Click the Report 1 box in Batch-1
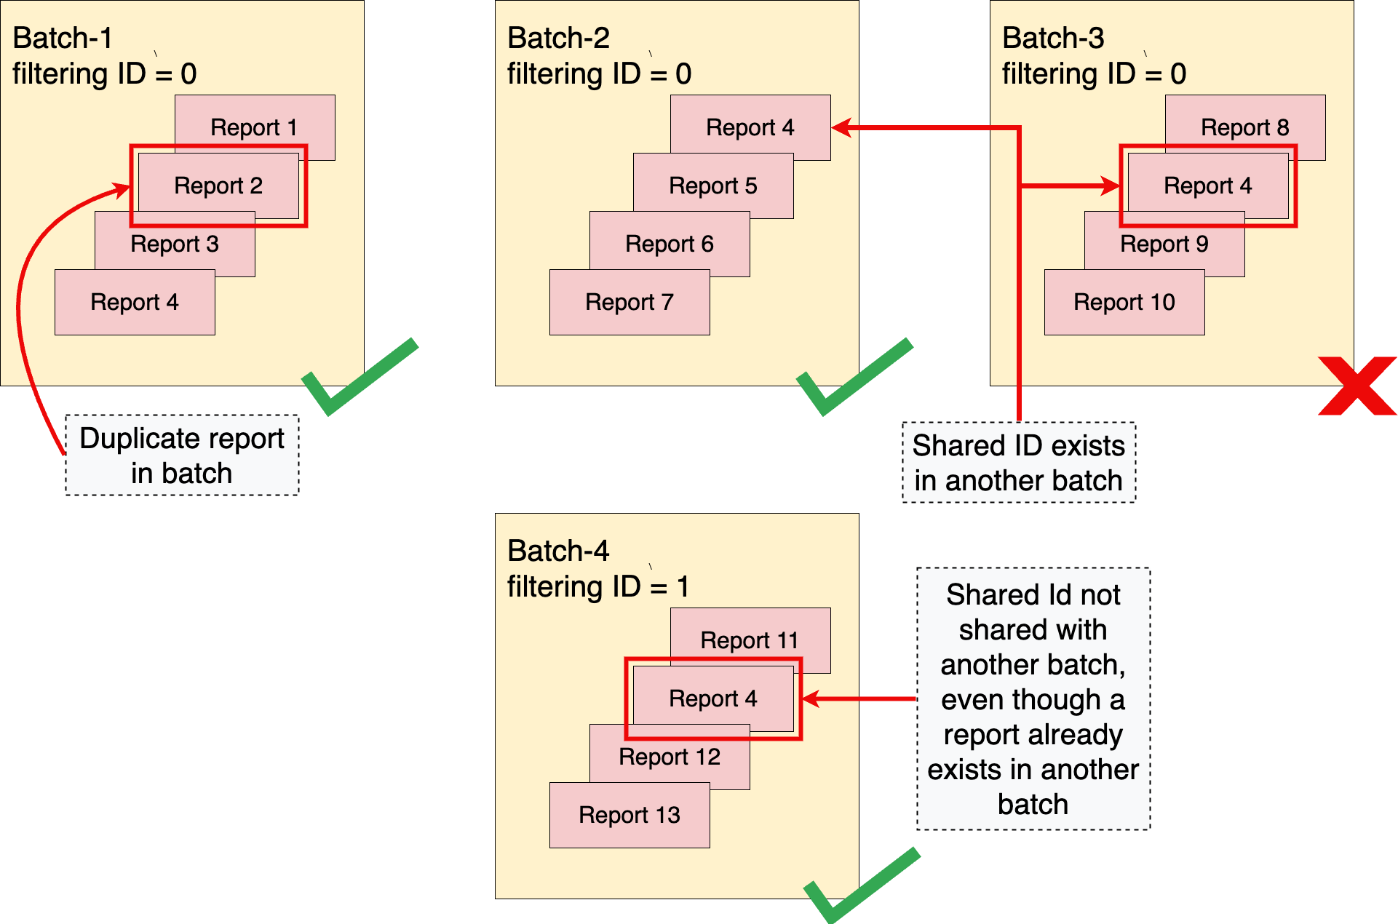pos(254,127)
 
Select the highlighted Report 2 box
pos(218,186)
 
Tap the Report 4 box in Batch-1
pos(135,302)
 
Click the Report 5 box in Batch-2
pos(713,186)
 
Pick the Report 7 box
pos(630,302)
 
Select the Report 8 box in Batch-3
pos(1244,127)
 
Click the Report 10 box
pos(1124,302)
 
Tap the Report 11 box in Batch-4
pos(750,640)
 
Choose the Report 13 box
pos(630,815)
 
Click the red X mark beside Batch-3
pos(1357,386)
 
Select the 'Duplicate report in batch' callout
pos(182,455)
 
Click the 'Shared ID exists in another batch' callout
pos(1018,463)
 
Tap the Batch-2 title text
pos(558,38)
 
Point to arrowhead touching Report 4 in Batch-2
pos(841,128)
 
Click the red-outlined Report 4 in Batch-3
pos(1208,186)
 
